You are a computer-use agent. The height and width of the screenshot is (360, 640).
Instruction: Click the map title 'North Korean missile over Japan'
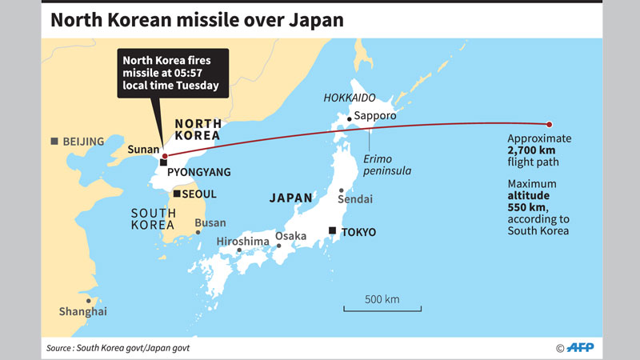197,19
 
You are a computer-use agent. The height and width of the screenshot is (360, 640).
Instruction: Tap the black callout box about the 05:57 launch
172,73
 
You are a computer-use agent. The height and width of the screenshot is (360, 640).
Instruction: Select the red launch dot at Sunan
164,155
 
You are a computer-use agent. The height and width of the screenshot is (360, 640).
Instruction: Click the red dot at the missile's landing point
549,124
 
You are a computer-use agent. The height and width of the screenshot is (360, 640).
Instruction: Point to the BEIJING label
83,142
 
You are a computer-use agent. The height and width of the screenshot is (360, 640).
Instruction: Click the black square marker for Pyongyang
162,163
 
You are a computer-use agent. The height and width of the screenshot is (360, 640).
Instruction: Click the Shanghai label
82,311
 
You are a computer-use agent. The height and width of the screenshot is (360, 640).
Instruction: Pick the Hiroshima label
241,241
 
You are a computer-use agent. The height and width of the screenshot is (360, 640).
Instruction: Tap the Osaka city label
291,236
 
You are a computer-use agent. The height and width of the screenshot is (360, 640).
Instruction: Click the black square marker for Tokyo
332,230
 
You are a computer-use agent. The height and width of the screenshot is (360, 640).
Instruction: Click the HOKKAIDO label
350,98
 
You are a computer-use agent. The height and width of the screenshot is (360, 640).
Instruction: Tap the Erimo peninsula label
386,165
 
